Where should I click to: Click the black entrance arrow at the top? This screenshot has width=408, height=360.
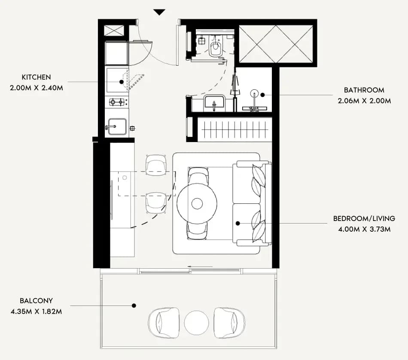[x=159, y=12]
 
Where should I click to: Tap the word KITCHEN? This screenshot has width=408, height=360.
[x=36, y=77]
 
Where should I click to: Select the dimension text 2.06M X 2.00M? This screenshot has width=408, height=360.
[x=364, y=101]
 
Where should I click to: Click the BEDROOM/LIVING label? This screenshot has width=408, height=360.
[x=364, y=218]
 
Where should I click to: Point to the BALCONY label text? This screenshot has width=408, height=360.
[x=36, y=301]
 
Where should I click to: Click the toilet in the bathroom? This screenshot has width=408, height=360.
[x=216, y=46]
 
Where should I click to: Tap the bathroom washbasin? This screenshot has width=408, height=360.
[x=214, y=103]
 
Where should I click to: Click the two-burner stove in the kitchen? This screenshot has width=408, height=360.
[x=117, y=102]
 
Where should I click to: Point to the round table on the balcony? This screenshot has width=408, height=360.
[x=196, y=323]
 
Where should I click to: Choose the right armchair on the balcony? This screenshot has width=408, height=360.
[x=229, y=323]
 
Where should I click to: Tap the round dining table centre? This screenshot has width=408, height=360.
[x=197, y=203]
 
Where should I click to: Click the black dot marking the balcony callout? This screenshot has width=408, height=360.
[x=134, y=306]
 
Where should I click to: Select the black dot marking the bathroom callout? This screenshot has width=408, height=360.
[x=262, y=95]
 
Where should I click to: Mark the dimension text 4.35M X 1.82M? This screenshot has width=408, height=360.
[x=37, y=312]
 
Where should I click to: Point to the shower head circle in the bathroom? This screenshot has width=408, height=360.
[x=254, y=93]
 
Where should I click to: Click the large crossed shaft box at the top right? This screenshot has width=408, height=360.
[x=276, y=44]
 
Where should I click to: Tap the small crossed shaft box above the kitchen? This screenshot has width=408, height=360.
[x=114, y=30]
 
